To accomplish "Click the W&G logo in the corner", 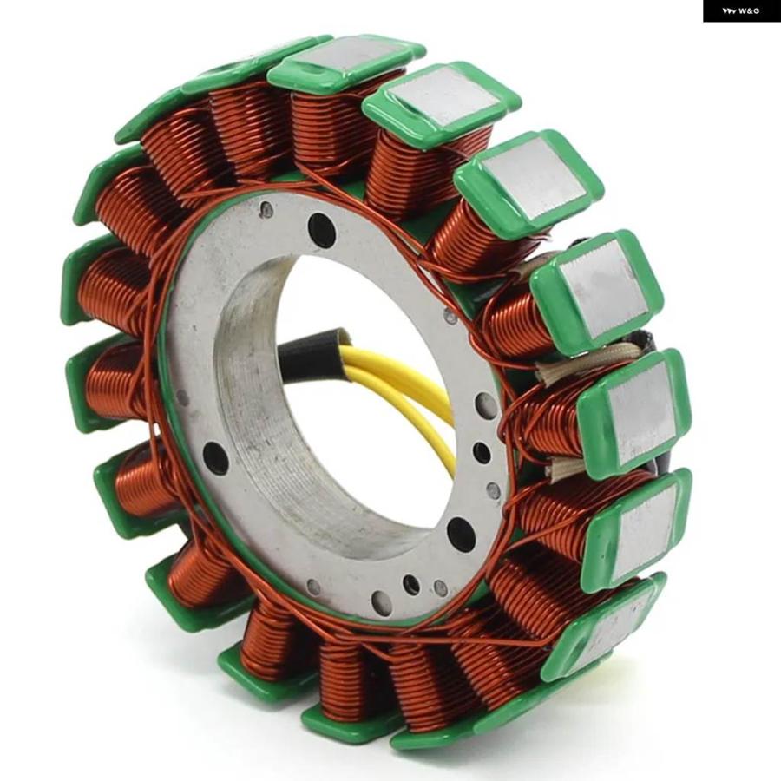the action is [x=741, y=11].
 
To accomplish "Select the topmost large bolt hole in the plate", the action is [x=320, y=231].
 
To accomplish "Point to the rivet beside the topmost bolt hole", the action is [x=267, y=211].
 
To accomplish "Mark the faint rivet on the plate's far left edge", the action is [x=183, y=397].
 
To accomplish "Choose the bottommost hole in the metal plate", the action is [x=379, y=601].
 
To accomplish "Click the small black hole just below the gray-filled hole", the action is [x=482, y=452].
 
